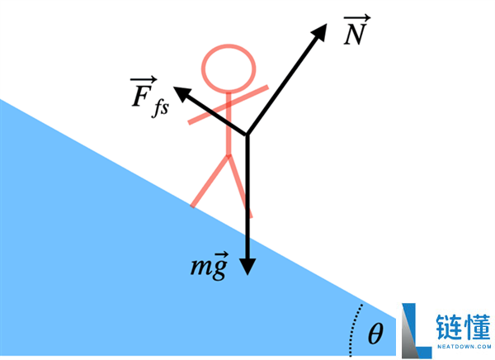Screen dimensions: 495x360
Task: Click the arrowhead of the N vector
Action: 320,31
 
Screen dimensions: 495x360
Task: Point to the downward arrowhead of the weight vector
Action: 247,267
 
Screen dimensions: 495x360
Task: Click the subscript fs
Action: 161,109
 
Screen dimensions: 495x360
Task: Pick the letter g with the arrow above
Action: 220,267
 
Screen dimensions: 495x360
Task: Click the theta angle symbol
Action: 375,333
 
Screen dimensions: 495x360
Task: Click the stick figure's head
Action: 229,69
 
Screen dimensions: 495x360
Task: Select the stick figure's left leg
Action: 210,181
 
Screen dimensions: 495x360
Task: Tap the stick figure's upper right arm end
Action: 267,87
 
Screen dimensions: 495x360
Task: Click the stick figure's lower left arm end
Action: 190,121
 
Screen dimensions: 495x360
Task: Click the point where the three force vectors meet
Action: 247,135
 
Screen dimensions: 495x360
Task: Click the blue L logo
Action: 416,330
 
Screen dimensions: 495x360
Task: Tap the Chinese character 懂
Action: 478,327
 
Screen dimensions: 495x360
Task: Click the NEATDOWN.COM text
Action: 464,347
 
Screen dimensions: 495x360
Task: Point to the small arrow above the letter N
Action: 357,18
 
